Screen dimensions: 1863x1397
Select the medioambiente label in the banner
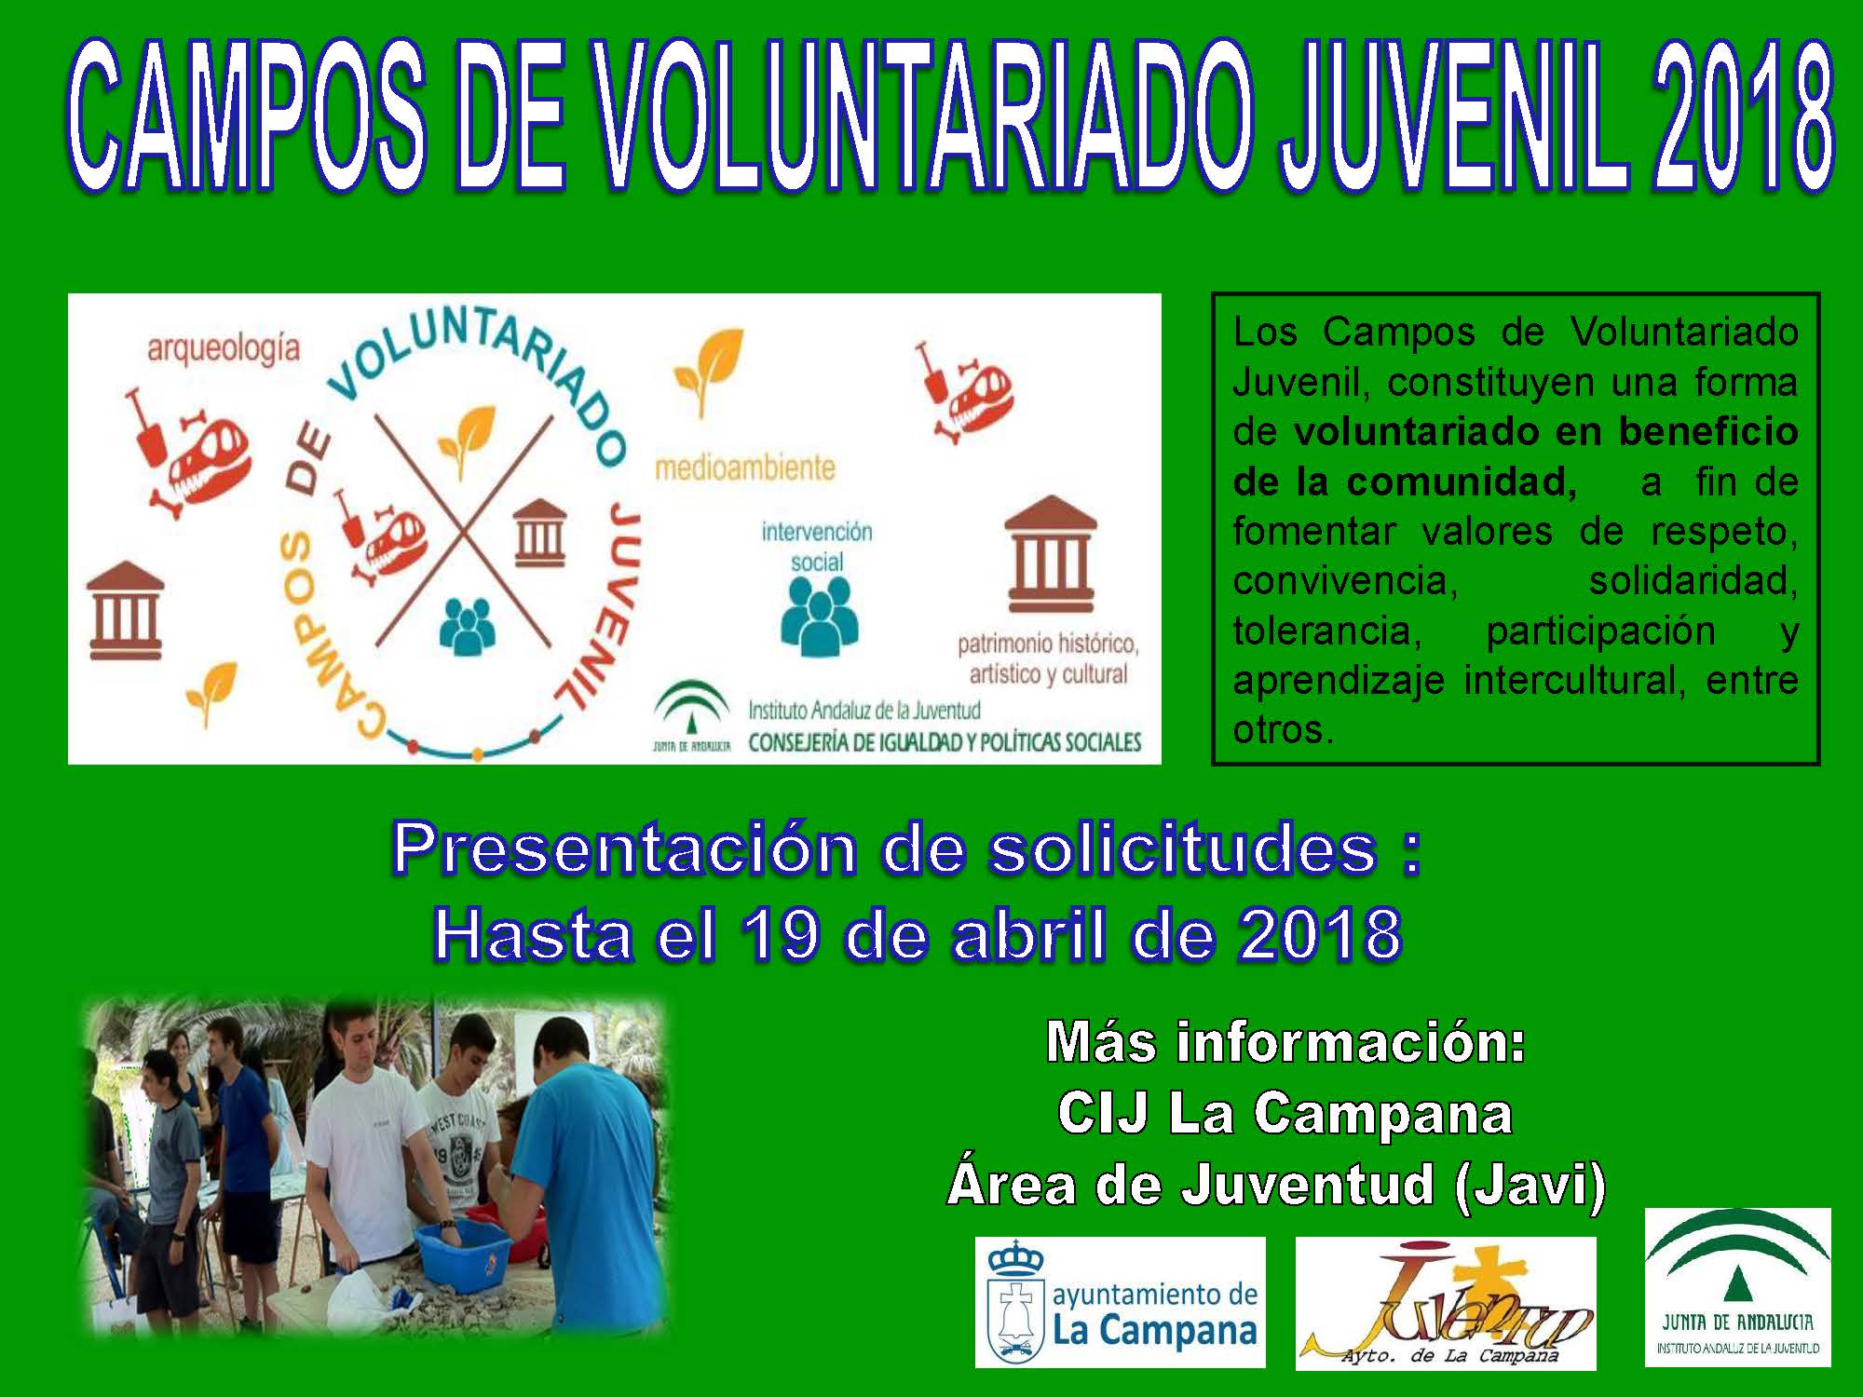click(745, 467)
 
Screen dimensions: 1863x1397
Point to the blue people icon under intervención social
click(817, 612)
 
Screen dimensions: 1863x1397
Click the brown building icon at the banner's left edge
click(125, 611)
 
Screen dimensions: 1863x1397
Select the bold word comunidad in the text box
click(1462, 481)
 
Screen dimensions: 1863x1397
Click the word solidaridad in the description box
click(1693, 580)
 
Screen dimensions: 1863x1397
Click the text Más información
click(1286, 1042)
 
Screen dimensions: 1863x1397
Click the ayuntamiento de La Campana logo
click(1121, 1302)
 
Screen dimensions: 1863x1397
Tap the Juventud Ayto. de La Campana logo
click(1446, 1303)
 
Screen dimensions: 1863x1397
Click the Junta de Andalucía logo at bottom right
click(1738, 1287)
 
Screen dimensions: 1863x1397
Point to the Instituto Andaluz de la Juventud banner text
click(864, 711)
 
